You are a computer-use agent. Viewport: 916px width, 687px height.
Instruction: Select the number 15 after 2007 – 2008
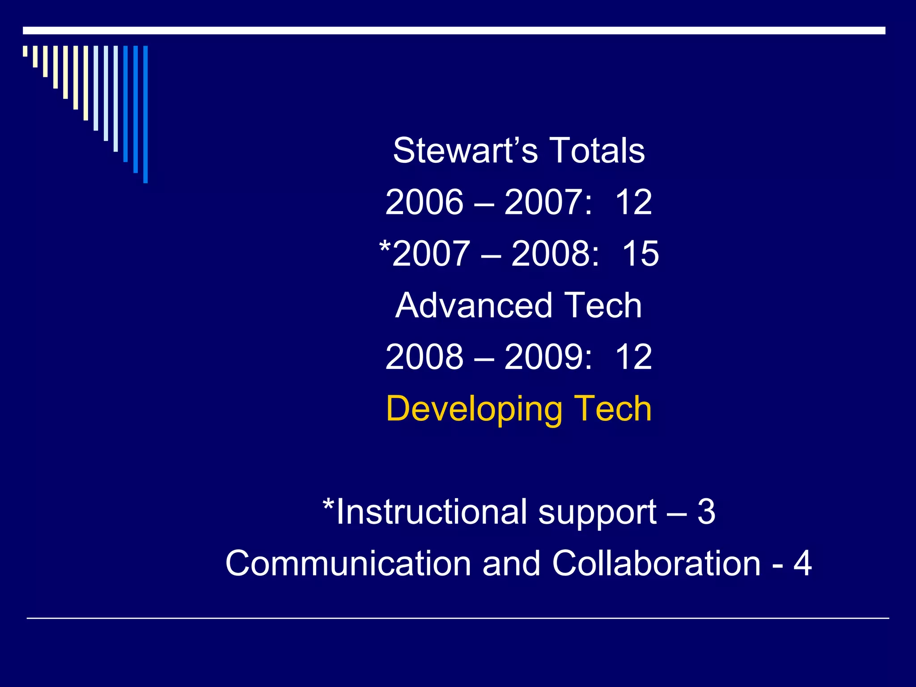pos(640,254)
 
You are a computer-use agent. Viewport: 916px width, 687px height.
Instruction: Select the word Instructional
pos(432,512)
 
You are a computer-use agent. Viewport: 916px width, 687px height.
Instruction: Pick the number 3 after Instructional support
pos(706,512)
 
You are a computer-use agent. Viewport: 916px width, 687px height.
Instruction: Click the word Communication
pos(348,564)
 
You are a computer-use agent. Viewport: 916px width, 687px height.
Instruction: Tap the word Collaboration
pos(656,564)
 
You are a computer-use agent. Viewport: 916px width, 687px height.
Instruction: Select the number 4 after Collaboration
pos(802,564)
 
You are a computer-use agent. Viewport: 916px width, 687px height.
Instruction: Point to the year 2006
pos(424,202)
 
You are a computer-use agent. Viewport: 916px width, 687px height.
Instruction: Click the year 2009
pos(543,357)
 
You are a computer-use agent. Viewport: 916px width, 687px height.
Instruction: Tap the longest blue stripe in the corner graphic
pos(145,114)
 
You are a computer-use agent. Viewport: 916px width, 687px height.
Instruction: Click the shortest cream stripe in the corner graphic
pos(25,51)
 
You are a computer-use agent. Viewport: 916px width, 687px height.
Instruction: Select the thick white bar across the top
pos(454,30)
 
